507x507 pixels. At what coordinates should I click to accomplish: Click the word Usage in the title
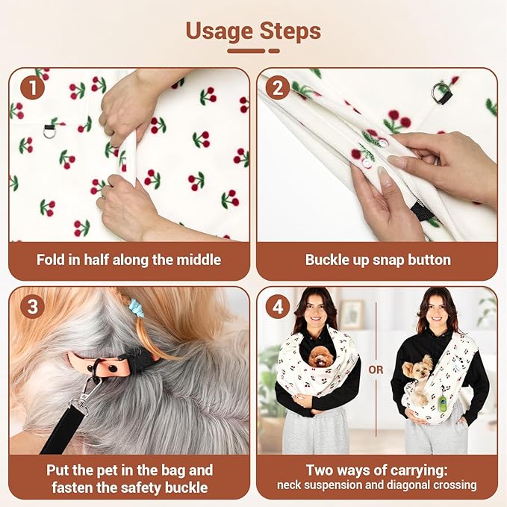click(x=220, y=31)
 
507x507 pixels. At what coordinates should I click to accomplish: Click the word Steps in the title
click(x=290, y=31)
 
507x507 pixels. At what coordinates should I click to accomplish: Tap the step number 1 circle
click(x=32, y=87)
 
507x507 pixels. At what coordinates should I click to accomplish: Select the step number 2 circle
click(x=278, y=87)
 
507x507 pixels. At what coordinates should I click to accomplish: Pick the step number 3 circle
click(x=32, y=307)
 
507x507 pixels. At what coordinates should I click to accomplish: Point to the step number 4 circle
click(x=278, y=307)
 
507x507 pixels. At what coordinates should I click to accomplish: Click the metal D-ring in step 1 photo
click(x=49, y=131)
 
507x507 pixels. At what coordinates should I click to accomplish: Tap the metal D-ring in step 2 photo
click(x=441, y=92)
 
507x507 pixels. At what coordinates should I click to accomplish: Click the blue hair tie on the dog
click(x=135, y=308)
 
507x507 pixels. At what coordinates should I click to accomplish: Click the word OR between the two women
click(x=376, y=370)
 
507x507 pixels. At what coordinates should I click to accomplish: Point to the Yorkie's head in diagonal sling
click(x=418, y=368)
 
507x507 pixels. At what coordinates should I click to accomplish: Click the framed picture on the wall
click(x=352, y=314)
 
